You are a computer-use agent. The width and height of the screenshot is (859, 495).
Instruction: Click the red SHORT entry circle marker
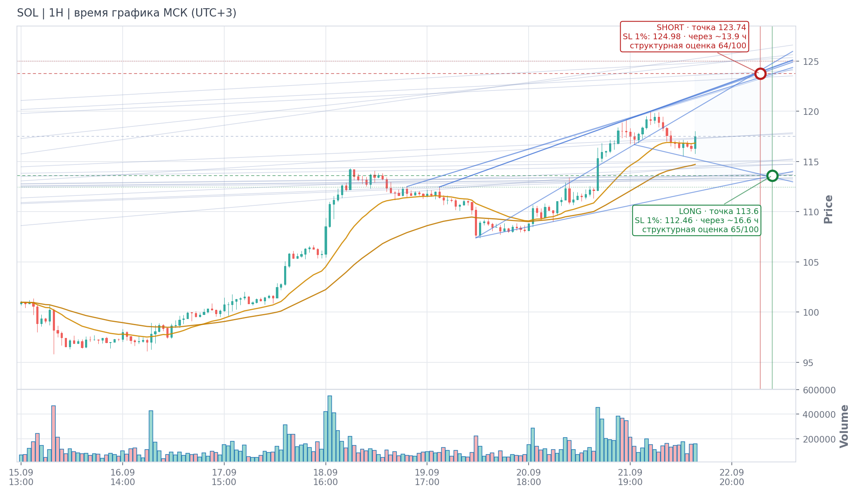point(760,74)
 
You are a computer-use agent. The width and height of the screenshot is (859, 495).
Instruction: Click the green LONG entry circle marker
point(772,176)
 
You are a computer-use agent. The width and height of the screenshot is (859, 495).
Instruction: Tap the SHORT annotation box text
point(684,36)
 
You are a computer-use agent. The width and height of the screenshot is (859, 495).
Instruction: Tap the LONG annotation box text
point(697,220)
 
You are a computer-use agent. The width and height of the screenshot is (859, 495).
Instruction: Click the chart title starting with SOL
point(127,13)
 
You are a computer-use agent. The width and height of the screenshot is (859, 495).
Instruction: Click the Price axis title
point(828,209)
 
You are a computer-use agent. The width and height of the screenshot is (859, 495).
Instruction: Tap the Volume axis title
point(844,426)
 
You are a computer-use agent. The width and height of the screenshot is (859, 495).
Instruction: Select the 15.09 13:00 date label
point(21,477)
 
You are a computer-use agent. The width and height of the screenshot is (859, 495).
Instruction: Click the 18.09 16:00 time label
point(325,477)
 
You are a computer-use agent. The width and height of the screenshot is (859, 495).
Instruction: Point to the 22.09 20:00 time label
point(731,477)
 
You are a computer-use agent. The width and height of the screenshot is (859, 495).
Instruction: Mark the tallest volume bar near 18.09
point(330,428)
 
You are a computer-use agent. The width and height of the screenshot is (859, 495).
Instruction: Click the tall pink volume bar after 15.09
point(53,433)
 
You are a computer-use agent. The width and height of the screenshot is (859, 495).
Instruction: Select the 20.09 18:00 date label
point(529,477)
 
